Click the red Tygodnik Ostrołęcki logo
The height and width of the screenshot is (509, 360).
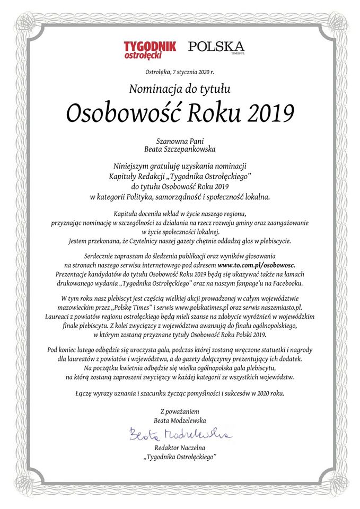pos(149,49)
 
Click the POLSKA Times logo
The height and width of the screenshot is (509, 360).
pos(216,47)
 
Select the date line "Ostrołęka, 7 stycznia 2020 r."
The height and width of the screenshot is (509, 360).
pos(180,71)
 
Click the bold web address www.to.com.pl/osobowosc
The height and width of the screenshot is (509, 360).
pos(257,264)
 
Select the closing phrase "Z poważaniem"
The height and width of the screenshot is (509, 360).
pos(180,411)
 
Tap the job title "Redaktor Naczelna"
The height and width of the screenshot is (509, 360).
pos(180,449)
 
